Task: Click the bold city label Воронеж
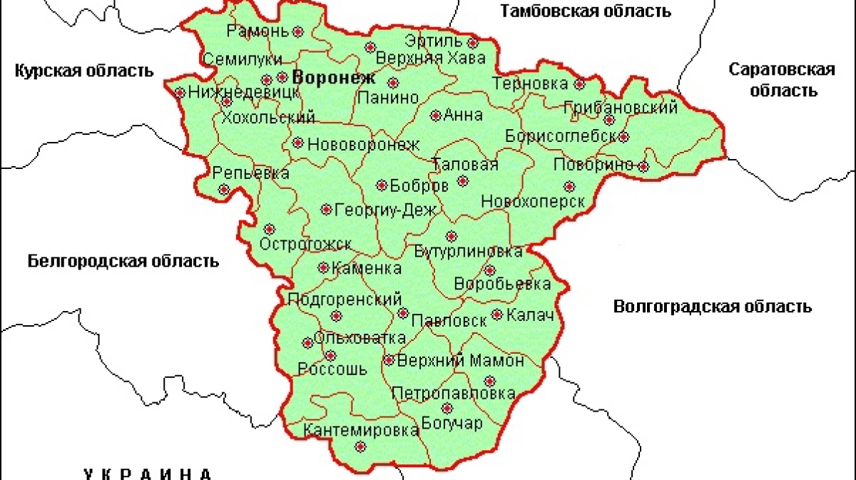[331, 77]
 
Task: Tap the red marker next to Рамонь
[298, 31]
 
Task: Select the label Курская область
[84, 71]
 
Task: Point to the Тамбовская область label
[585, 11]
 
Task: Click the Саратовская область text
[781, 80]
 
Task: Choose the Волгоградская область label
[712, 307]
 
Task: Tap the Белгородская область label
[123, 261]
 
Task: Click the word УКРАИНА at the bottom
[148, 474]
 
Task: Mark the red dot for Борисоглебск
[623, 136]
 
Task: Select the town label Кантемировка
[361, 431]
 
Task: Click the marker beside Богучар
[447, 409]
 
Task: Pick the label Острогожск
[305, 245]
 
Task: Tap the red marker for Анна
[436, 115]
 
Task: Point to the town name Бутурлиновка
[468, 252]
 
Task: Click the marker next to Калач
[497, 315]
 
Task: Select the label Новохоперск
[533, 202]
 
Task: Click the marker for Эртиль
[472, 57]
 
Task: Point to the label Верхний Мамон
[460, 361]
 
